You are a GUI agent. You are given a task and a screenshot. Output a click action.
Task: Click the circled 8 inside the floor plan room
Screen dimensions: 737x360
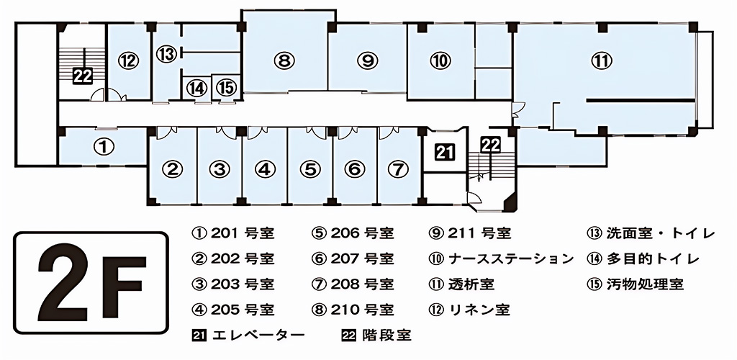[x=286, y=60]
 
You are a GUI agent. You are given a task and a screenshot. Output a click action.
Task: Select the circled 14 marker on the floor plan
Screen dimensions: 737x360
[x=197, y=88]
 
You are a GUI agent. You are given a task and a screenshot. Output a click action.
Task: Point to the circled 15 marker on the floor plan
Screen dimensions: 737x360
[x=225, y=88]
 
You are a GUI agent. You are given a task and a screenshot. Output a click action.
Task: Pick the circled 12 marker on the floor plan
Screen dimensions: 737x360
[x=130, y=60]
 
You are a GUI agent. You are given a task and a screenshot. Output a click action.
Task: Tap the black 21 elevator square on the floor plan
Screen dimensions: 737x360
[x=444, y=151]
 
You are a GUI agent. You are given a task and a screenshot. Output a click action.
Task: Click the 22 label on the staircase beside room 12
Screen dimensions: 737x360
[x=83, y=76]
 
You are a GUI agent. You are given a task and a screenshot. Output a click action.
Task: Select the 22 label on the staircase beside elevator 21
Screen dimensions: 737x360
[x=490, y=145]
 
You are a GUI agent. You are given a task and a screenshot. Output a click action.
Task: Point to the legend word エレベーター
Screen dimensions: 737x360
[x=258, y=336]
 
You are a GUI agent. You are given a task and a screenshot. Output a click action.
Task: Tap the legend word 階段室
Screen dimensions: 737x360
[x=386, y=336]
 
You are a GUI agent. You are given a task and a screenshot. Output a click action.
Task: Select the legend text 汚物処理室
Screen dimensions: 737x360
[x=645, y=284]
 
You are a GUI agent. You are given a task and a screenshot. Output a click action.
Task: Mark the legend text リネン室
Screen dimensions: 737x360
[x=479, y=310]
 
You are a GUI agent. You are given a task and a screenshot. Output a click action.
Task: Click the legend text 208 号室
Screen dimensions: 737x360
[x=363, y=284]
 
